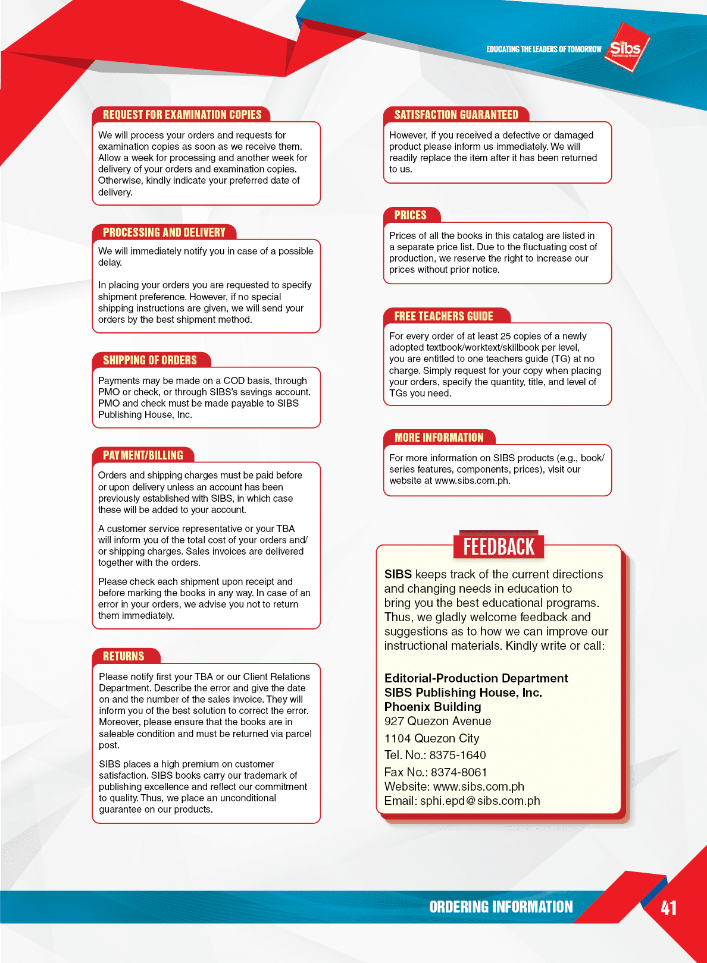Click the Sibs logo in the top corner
click(x=626, y=48)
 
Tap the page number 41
click(x=668, y=908)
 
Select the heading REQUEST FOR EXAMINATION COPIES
click(x=182, y=115)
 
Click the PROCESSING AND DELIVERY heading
click(x=164, y=232)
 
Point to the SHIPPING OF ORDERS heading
click(x=150, y=360)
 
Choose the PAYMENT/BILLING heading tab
click(x=143, y=455)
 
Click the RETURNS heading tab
click(x=124, y=656)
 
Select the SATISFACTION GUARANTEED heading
click(x=456, y=115)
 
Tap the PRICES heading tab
click(x=411, y=215)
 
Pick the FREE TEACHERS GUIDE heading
click(x=443, y=316)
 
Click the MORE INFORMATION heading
click(x=439, y=438)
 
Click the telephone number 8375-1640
click(x=458, y=755)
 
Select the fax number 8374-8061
click(x=459, y=772)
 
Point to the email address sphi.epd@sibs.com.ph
click(x=480, y=801)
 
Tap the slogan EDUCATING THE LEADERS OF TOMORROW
click(x=543, y=49)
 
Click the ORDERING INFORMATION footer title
click(x=500, y=907)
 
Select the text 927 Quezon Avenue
click(x=437, y=721)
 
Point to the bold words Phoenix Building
click(x=433, y=707)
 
